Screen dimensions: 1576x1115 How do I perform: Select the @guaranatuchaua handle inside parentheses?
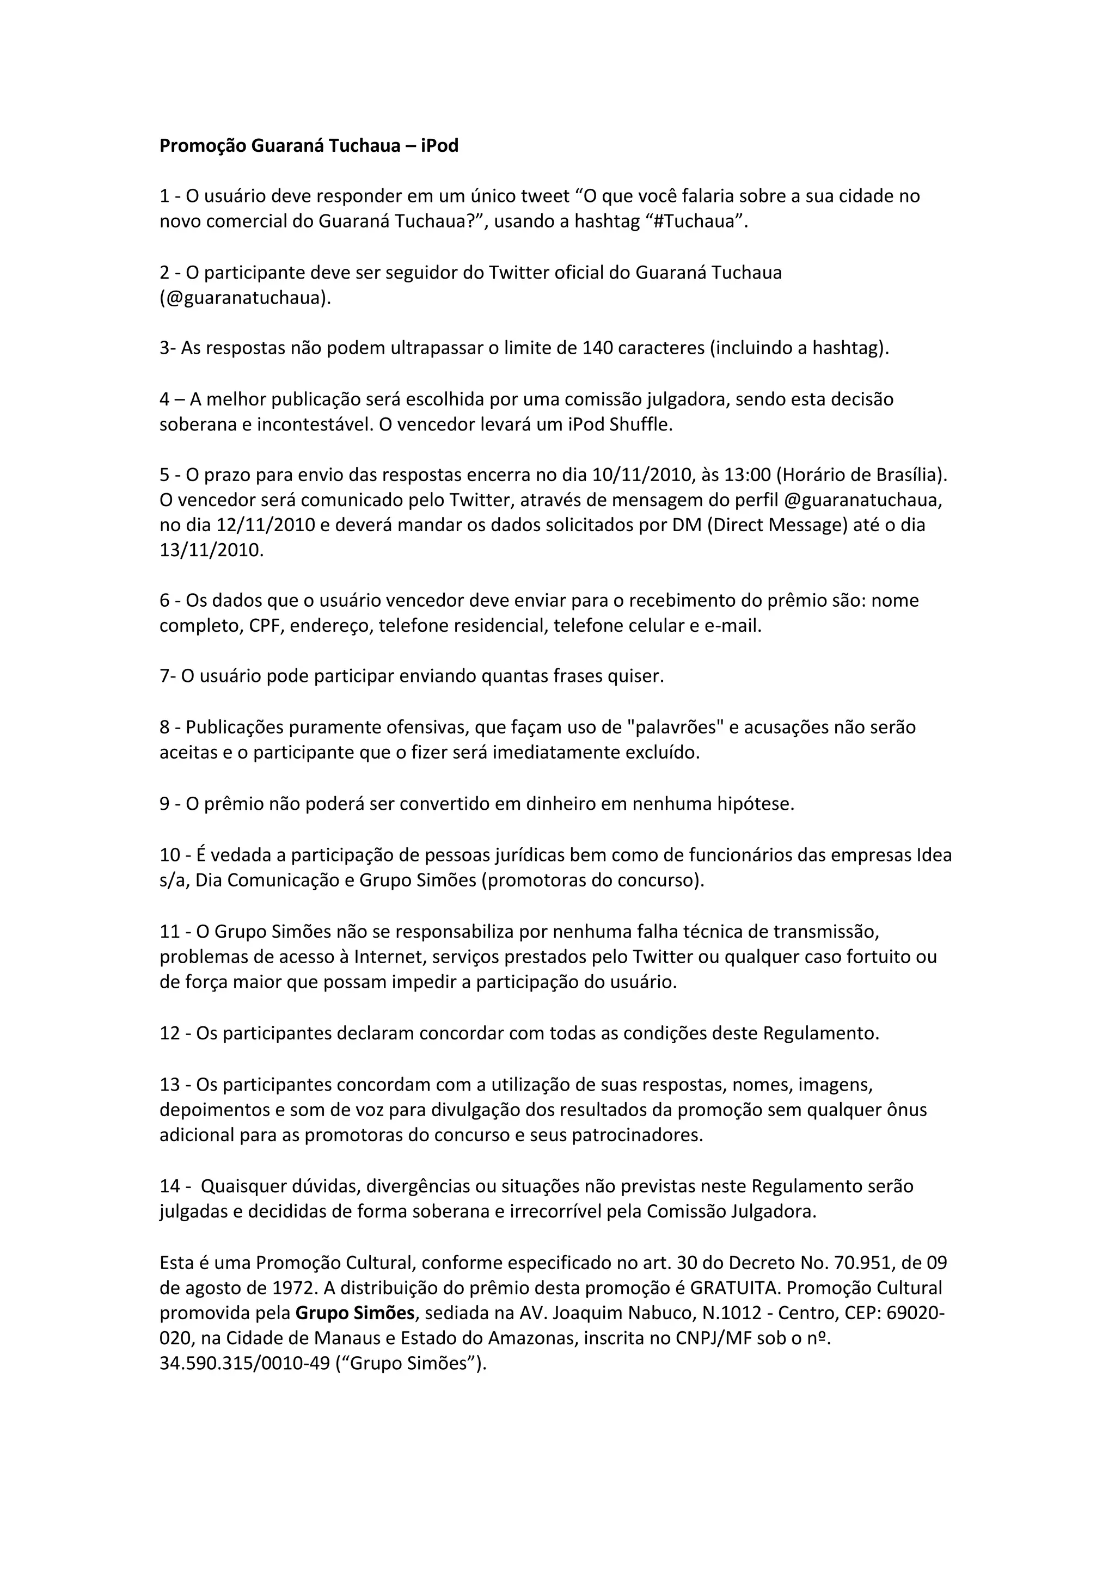coord(244,298)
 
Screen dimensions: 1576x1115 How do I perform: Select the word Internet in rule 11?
coord(388,957)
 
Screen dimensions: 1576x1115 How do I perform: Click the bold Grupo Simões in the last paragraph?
coord(355,1313)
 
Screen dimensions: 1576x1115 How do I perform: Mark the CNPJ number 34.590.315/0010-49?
coord(244,1363)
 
